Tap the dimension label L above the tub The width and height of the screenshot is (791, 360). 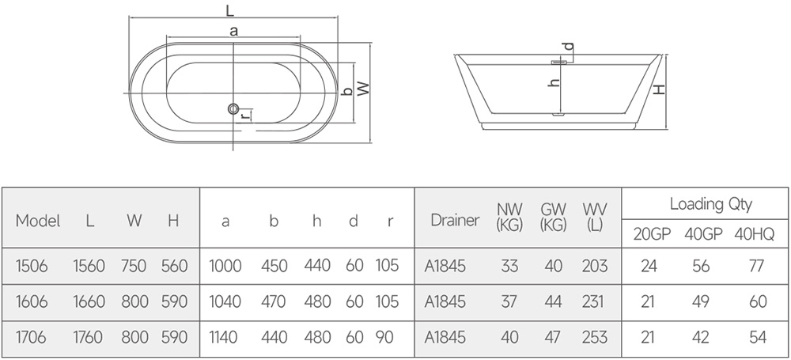(x=230, y=9)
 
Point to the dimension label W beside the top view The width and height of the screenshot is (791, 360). (x=363, y=89)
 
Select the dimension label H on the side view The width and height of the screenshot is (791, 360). (x=659, y=89)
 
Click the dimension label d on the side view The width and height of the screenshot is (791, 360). (x=569, y=47)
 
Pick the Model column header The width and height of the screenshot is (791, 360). (x=38, y=221)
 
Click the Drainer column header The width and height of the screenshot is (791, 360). (x=455, y=221)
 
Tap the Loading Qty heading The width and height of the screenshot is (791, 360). (x=711, y=204)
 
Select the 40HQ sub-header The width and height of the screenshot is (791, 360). (x=754, y=235)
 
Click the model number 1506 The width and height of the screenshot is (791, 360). (x=32, y=266)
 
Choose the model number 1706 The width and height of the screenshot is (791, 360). (x=32, y=337)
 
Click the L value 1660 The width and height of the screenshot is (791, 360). (x=89, y=302)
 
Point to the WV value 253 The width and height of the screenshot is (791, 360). (x=595, y=337)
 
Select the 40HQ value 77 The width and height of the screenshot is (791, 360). (x=757, y=266)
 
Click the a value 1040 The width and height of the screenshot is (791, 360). (x=225, y=302)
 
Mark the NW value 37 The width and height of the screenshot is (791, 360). (x=509, y=302)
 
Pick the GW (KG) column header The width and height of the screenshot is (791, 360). (x=553, y=217)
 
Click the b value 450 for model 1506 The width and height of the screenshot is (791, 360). (x=274, y=266)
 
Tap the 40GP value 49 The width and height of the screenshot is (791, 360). (x=701, y=302)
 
